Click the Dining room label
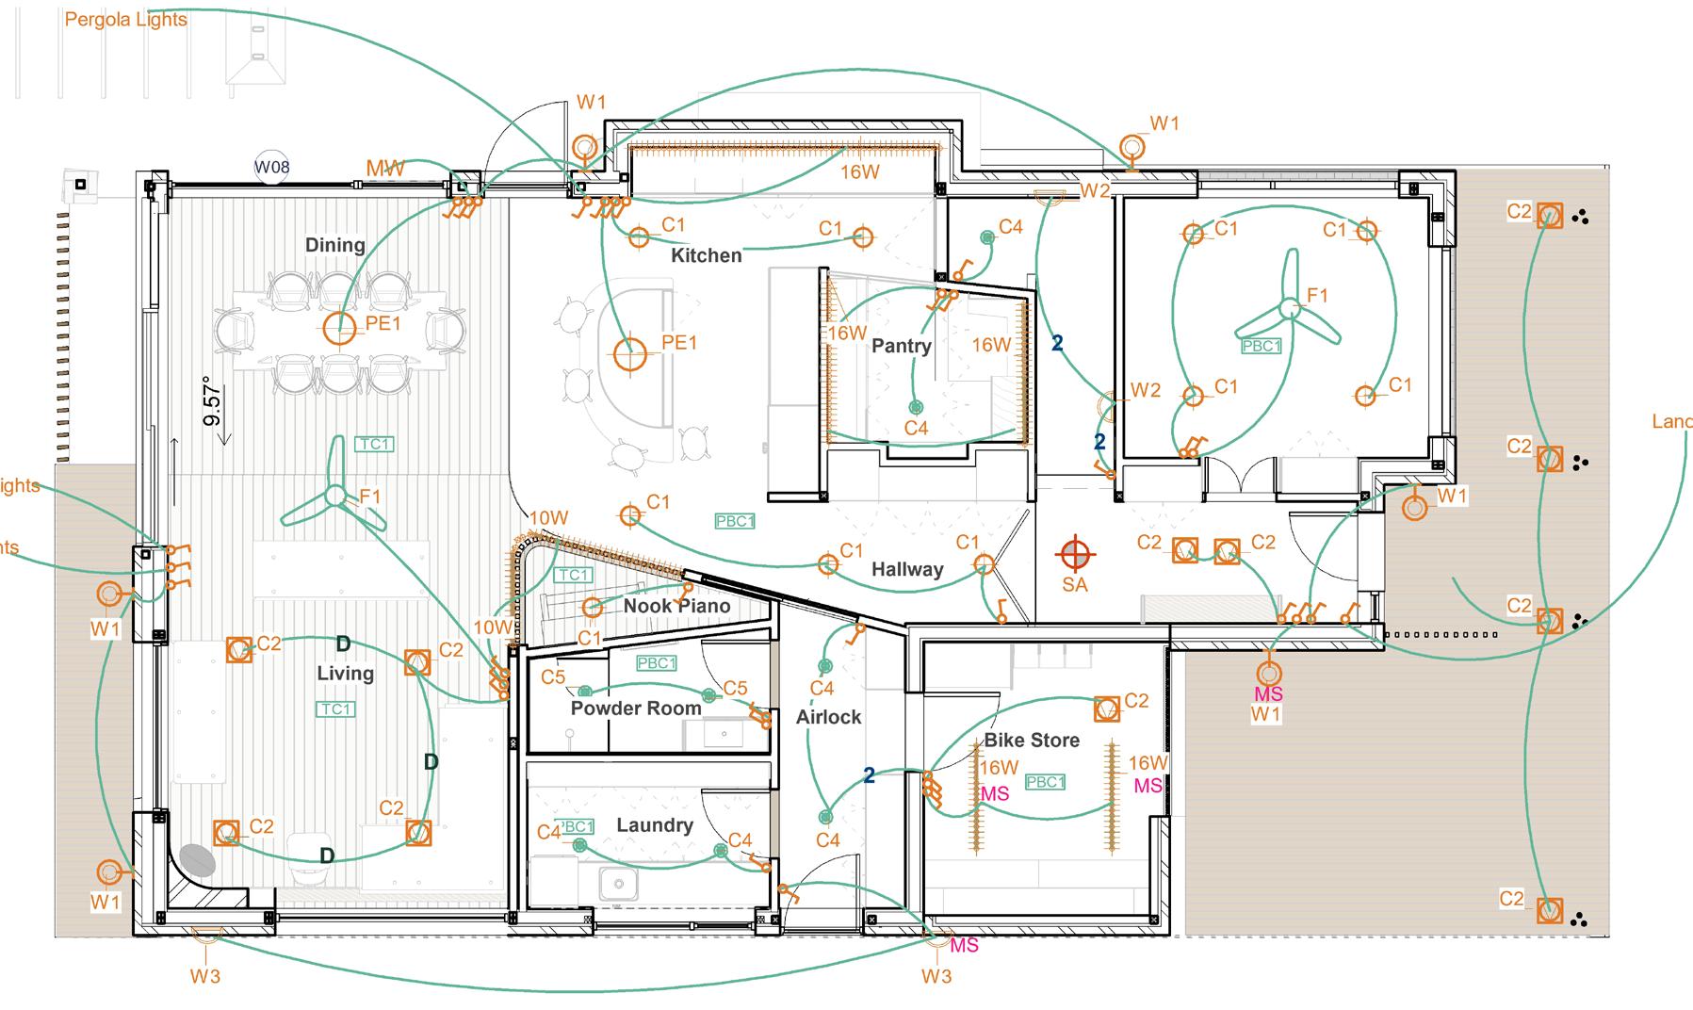(x=334, y=245)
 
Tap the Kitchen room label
(x=706, y=255)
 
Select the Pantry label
(x=901, y=346)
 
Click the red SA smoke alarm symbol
(x=1074, y=552)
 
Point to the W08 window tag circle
(x=272, y=168)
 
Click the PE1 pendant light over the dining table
(x=339, y=329)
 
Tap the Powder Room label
(x=635, y=708)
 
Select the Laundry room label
(x=654, y=825)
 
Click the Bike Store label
(x=1032, y=741)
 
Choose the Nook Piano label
(x=676, y=606)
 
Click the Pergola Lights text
(x=125, y=19)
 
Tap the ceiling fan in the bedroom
(x=1290, y=308)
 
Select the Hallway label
(x=906, y=569)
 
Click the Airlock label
(x=828, y=717)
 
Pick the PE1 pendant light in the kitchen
(x=629, y=355)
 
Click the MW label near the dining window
(x=384, y=169)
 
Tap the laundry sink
(x=618, y=885)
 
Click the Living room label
(x=345, y=673)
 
